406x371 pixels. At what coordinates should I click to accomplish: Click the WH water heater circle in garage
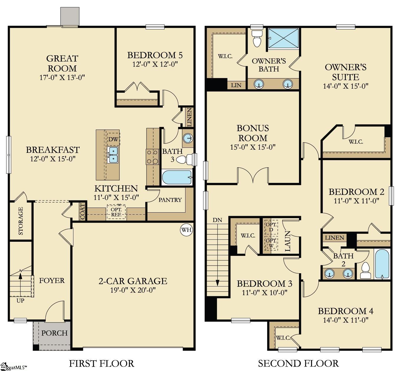tap(186, 230)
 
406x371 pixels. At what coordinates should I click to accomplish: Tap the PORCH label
tap(54, 333)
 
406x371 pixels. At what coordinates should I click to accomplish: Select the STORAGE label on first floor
tap(21, 221)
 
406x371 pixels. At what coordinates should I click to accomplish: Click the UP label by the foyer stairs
tap(20, 301)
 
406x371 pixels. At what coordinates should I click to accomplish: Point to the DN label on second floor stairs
tap(217, 220)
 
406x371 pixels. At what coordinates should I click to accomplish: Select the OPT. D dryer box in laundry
tap(271, 227)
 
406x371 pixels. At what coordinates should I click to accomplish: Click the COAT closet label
tap(83, 211)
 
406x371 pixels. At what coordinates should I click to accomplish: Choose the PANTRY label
tap(170, 200)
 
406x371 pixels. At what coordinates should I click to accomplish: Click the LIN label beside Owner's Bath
tap(236, 85)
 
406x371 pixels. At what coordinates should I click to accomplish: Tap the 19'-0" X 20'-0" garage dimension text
tap(133, 290)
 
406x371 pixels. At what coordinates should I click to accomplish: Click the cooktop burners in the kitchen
tap(152, 157)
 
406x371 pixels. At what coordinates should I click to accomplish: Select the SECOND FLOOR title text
tap(298, 363)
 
